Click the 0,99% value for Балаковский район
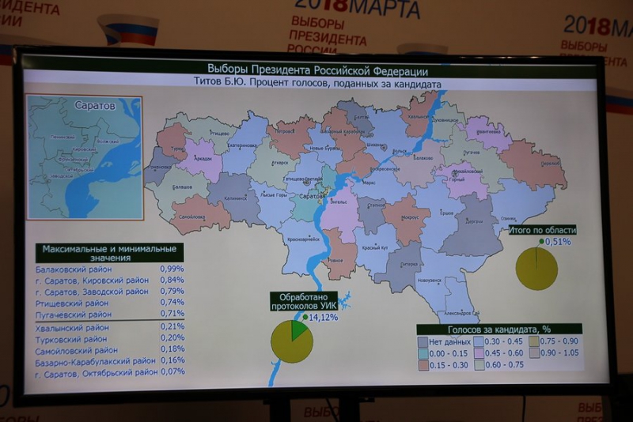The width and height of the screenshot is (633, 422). pos(172,269)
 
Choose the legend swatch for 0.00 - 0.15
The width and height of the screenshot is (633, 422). pos(423,354)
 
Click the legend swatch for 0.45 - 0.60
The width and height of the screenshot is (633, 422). pos(479,354)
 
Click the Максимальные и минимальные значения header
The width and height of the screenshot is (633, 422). pos(109,253)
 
